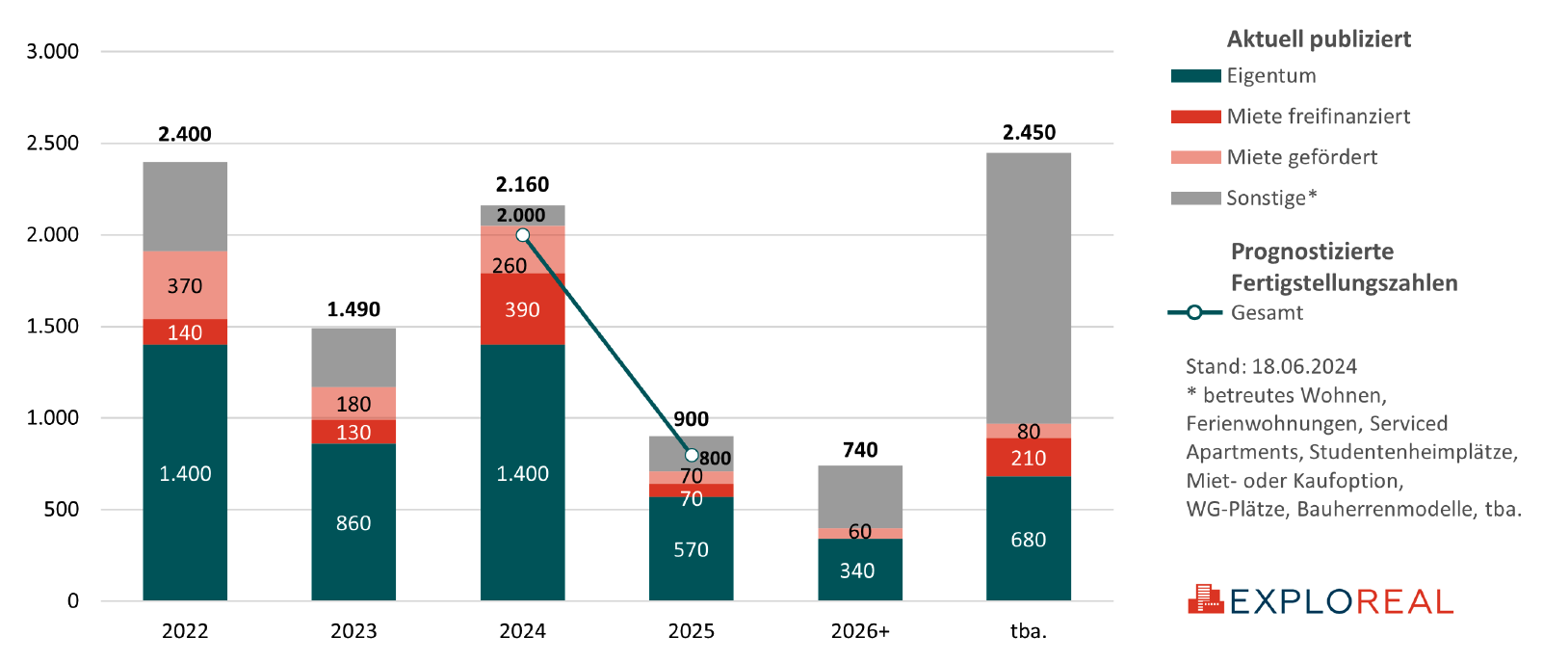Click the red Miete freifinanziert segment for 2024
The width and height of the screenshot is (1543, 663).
click(x=522, y=309)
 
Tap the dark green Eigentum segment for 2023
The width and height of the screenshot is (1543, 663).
click(x=353, y=522)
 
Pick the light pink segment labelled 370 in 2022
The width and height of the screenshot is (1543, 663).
click(x=185, y=285)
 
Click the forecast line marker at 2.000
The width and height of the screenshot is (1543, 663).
click(x=522, y=235)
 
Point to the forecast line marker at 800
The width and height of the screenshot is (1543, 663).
click(x=692, y=455)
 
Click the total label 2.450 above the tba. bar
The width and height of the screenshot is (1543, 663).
click(x=1029, y=133)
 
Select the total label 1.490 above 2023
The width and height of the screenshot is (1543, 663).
click(x=353, y=309)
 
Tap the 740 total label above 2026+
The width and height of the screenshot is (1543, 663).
click(x=860, y=450)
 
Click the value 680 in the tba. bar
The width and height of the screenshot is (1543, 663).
click(x=1028, y=540)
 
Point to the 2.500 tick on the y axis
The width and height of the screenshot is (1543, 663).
click(x=53, y=144)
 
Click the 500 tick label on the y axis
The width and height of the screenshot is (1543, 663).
click(x=61, y=509)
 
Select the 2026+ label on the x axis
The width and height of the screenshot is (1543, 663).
click(x=860, y=631)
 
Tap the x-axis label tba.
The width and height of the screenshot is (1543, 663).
click(x=1028, y=631)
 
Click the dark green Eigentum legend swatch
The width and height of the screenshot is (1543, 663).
click(x=1195, y=76)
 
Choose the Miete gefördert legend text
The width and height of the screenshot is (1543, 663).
click(x=1301, y=157)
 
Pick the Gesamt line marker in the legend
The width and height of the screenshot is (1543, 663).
click(x=1194, y=312)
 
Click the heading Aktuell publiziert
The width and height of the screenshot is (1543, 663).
click(x=1319, y=40)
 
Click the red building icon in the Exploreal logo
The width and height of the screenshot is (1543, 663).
click(x=1204, y=599)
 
